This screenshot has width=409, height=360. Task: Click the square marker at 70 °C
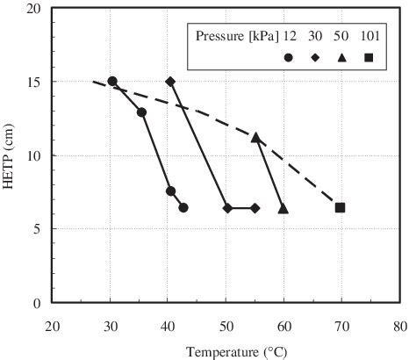[341, 207]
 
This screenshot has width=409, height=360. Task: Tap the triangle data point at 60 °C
[283, 208]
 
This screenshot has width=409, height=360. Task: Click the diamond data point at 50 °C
[227, 208]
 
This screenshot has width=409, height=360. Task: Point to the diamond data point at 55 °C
[255, 208]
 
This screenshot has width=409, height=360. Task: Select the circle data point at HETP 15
[112, 82]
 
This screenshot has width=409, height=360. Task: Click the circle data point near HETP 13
[141, 112]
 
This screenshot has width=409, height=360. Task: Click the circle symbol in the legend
[290, 57]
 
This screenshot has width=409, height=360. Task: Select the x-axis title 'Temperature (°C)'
[227, 351]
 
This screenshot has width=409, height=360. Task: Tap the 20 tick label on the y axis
[34, 9]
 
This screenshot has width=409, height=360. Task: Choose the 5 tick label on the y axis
[38, 229]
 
